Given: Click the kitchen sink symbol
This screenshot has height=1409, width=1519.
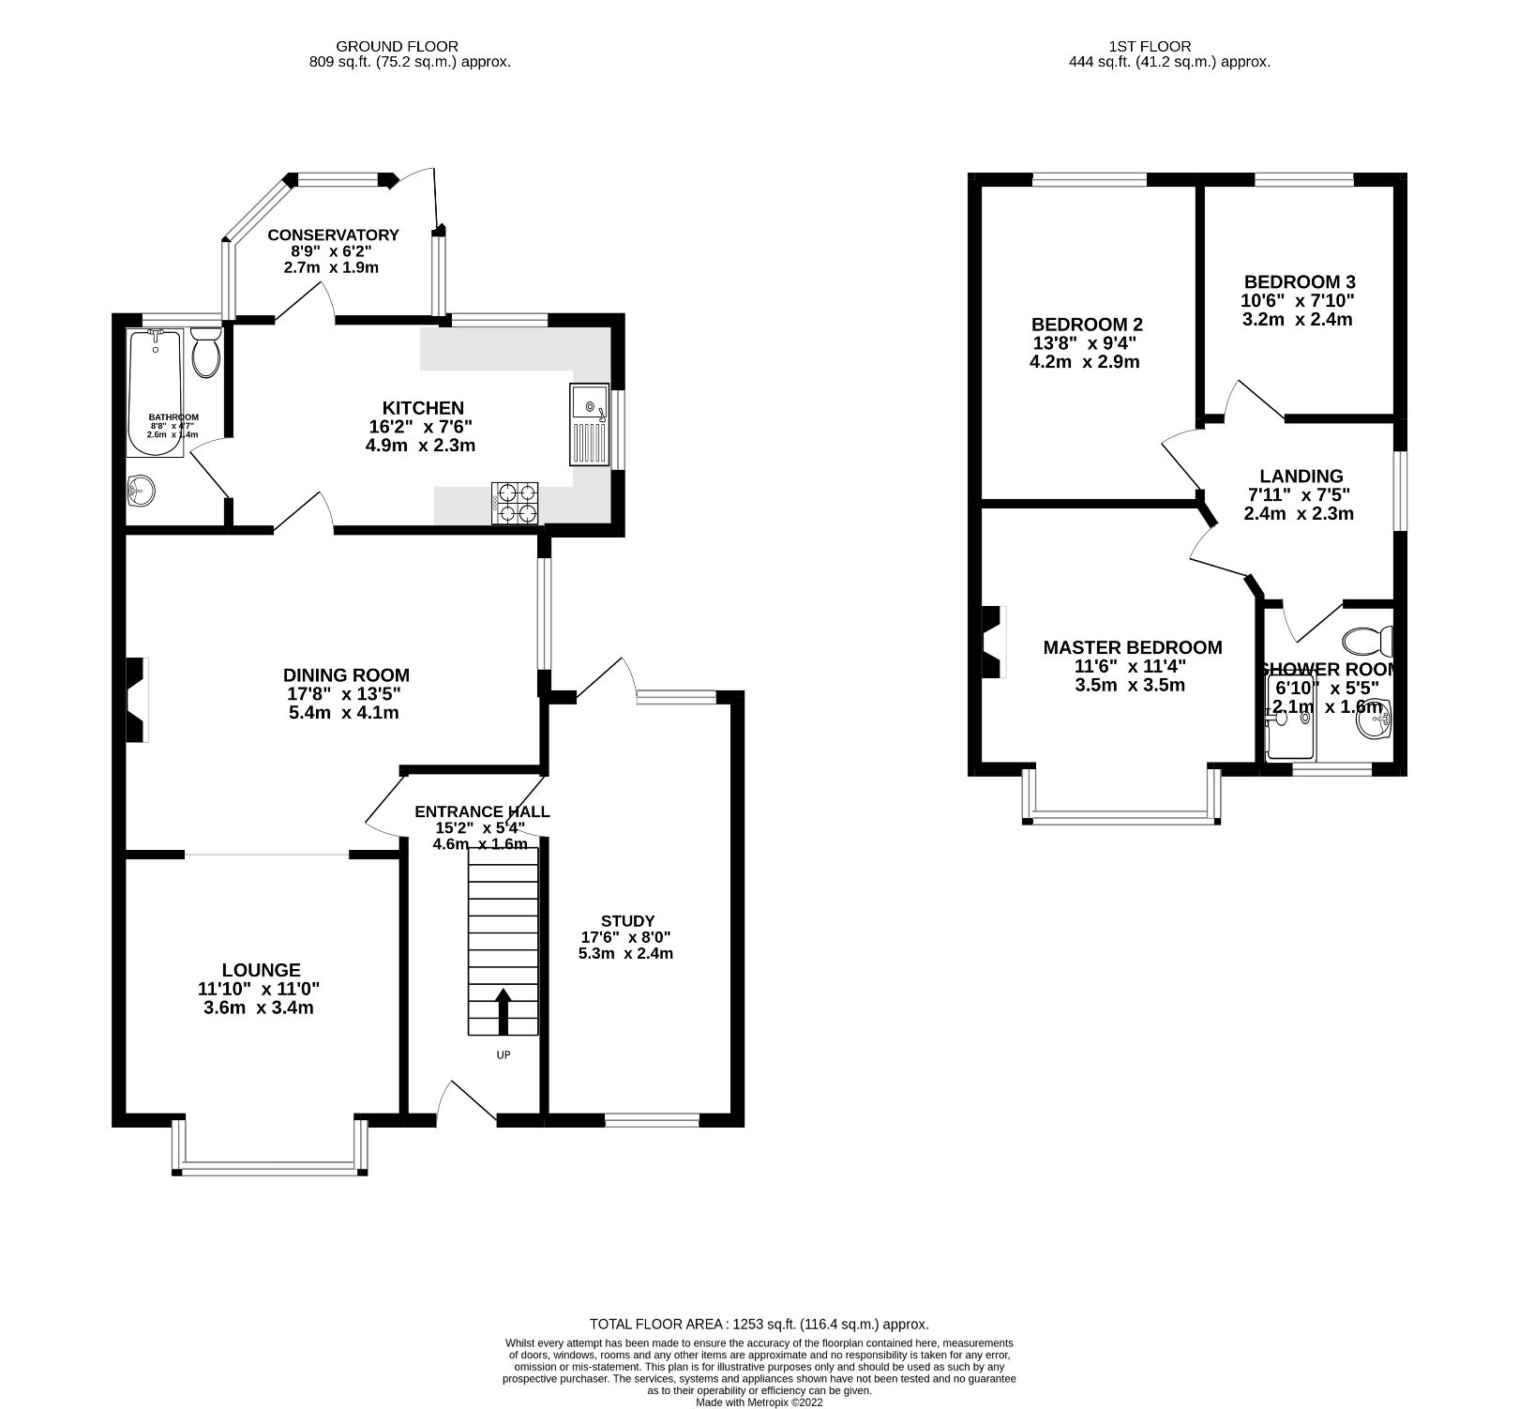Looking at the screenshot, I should [589, 425].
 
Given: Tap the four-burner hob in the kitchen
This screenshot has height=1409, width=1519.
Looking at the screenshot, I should [515, 502].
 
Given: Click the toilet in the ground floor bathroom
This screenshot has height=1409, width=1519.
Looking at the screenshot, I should [205, 352].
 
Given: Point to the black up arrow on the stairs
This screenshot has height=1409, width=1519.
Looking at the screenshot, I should [504, 1010].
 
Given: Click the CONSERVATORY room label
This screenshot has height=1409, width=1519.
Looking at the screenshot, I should [333, 235].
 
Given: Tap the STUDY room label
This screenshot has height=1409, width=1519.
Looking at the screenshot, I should [627, 920].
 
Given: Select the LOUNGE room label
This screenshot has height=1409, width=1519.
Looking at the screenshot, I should [261, 970].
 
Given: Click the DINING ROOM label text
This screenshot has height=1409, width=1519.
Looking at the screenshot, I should [346, 674].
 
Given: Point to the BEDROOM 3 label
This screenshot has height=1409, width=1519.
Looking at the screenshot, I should [1299, 281].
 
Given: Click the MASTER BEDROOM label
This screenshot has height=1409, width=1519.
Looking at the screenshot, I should [1132, 647].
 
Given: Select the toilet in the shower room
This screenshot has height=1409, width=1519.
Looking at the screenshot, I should [1368, 642].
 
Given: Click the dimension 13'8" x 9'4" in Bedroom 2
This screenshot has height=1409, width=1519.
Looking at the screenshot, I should [1086, 343].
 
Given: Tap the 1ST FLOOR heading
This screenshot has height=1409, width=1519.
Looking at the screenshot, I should [1149, 46].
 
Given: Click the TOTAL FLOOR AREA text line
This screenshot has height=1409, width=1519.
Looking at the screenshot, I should [759, 1325].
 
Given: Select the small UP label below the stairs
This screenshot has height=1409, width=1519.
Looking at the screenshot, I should [504, 1055].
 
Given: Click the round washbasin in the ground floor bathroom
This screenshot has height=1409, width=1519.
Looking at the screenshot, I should [141, 490].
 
